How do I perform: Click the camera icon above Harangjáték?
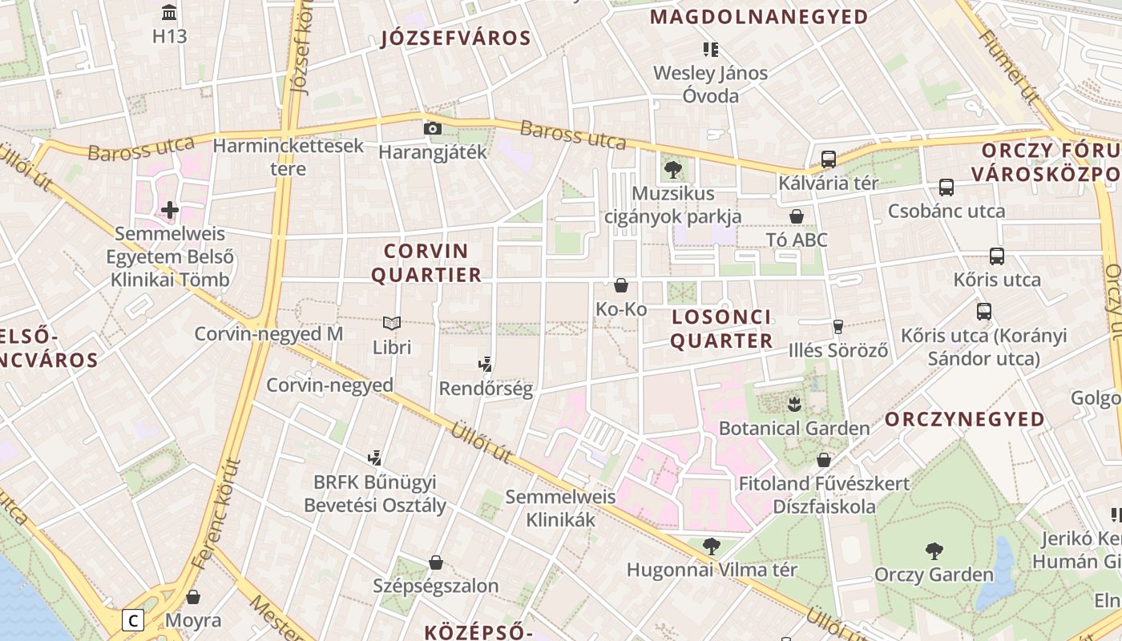tap(432, 128)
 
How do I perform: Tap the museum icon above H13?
tap(169, 13)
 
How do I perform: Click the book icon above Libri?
tap(392, 324)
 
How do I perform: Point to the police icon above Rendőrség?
tap(485, 365)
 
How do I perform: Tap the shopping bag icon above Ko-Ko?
tap(621, 285)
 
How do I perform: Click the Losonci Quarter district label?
tap(721, 329)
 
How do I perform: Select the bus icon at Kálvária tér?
tap(829, 159)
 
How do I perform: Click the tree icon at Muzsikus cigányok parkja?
tap(672, 170)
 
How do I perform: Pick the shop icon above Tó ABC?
tap(797, 216)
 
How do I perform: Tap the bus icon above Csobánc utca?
tap(946, 187)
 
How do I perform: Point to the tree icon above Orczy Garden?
tap(934, 551)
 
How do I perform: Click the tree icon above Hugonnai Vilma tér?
tap(711, 546)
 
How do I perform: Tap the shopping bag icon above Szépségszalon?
tap(436, 562)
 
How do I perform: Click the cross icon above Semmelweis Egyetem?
tap(169, 210)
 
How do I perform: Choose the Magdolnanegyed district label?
tap(759, 17)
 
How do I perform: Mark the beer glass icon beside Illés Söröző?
tap(838, 327)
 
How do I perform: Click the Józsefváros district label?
tap(456, 38)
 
